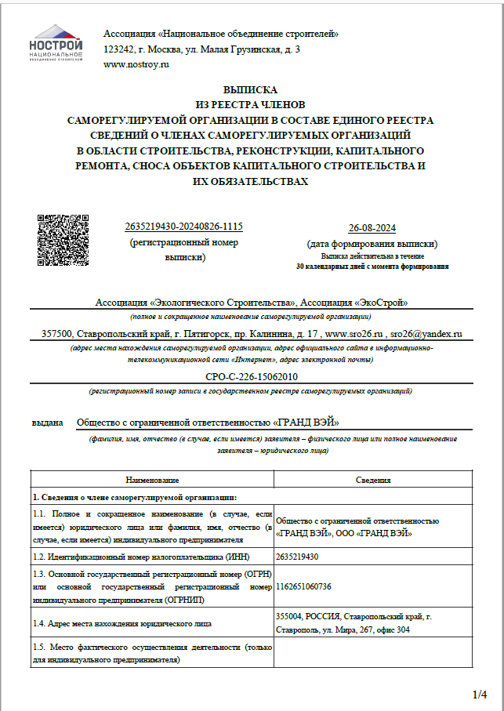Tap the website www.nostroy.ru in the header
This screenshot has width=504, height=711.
pos(136,64)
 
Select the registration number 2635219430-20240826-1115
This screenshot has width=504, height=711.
pos(183,227)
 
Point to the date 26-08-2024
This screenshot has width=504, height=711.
pos(372,228)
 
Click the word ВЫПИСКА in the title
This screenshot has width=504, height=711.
pos(250,90)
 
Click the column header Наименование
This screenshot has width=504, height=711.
pos(152,480)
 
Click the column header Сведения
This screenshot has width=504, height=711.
pos(372,480)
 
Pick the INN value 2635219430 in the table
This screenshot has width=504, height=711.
pos(299,556)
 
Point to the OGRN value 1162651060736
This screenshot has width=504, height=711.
pos(304,586)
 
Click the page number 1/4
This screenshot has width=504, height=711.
pos(480,695)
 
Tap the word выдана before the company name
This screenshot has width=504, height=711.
pos(47,422)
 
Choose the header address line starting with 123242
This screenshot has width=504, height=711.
pos(201,49)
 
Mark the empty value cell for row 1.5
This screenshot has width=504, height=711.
pos(372,654)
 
